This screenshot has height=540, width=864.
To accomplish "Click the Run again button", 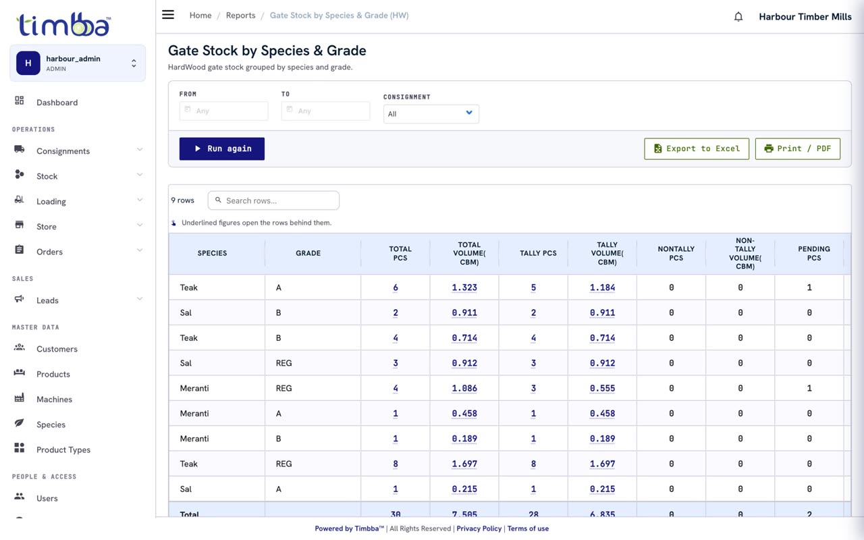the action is (222, 148).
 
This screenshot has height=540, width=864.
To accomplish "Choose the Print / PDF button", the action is (798, 148).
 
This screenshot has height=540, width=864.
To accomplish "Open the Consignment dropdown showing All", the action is (431, 114).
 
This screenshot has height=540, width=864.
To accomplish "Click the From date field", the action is (223, 111).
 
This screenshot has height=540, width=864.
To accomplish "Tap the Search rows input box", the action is (273, 200).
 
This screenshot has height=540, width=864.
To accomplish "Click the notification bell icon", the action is (738, 17).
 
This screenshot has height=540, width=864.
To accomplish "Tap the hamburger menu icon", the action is (168, 15).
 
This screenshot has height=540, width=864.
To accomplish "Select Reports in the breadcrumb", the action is (241, 16).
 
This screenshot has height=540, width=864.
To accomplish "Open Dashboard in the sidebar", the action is (57, 102).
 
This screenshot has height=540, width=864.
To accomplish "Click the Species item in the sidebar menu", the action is (51, 425).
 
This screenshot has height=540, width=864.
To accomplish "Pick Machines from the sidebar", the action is (55, 399).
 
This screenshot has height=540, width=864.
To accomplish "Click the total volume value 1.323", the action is (464, 288).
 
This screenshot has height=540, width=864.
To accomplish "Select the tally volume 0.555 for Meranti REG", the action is (602, 388).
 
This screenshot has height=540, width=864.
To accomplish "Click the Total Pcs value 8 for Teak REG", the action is (396, 464).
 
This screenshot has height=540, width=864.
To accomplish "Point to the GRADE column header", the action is (308, 253).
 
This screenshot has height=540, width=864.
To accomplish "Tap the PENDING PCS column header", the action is (814, 253).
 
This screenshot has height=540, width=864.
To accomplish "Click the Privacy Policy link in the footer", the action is (479, 529).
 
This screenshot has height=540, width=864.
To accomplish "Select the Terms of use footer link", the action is (528, 529).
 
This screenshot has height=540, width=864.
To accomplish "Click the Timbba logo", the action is (63, 24).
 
